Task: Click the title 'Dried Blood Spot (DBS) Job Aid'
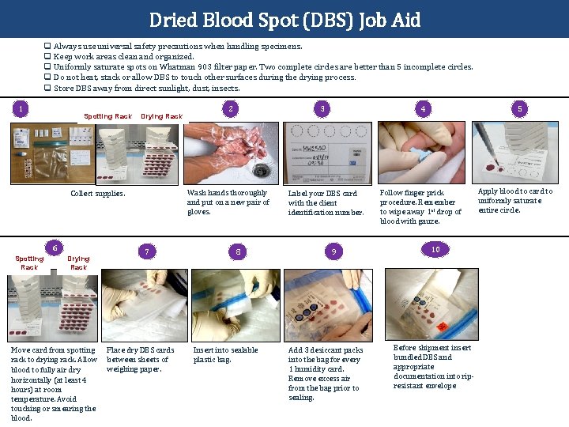coord(284,19)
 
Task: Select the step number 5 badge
coord(519,108)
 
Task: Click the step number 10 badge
coord(435,249)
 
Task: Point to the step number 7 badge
coord(146,251)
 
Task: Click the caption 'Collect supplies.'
coord(98,193)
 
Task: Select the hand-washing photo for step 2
coord(231,153)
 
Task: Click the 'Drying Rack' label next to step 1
coord(161,116)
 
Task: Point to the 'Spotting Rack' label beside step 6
coord(29,263)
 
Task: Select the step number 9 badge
coord(334,251)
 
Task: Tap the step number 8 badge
coord(239,251)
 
